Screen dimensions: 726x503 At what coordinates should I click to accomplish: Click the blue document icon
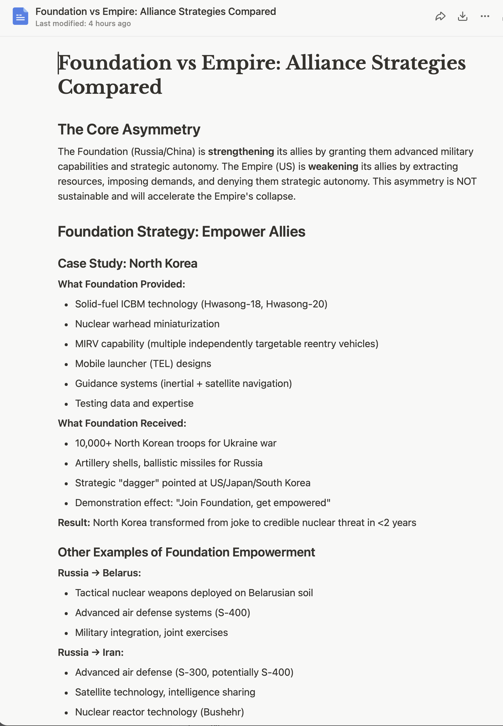(x=20, y=16)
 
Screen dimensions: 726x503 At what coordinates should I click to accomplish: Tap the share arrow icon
(x=440, y=16)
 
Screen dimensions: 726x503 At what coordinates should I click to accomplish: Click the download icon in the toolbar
(x=462, y=16)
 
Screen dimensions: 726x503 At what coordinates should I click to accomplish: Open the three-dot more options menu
(x=485, y=16)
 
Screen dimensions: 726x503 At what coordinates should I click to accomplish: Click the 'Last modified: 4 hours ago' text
(x=83, y=24)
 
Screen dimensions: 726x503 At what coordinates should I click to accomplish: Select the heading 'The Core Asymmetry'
(x=129, y=129)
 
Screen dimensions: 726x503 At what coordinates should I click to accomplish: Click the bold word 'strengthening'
(x=241, y=152)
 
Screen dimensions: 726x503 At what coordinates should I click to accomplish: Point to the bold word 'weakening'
(x=333, y=166)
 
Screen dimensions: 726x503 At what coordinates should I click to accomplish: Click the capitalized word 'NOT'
(x=466, y=181)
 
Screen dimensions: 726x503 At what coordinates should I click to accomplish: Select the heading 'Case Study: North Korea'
(x=127, y=263)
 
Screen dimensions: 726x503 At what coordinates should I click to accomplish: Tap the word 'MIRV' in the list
(x=87, y=344)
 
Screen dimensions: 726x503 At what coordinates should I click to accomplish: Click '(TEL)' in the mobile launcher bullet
(x=161, y=364)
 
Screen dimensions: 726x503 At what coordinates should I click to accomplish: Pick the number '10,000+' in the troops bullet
(x=93, y=443)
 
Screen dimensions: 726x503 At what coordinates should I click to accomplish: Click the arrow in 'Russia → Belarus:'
(x=96, y=573)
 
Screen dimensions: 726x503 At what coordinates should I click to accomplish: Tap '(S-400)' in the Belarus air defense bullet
(x=232, y=612)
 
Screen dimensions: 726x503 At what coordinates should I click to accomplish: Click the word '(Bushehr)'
(x=222, y=712)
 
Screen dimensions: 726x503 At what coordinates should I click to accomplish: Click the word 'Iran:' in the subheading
(x=113, y=652)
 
